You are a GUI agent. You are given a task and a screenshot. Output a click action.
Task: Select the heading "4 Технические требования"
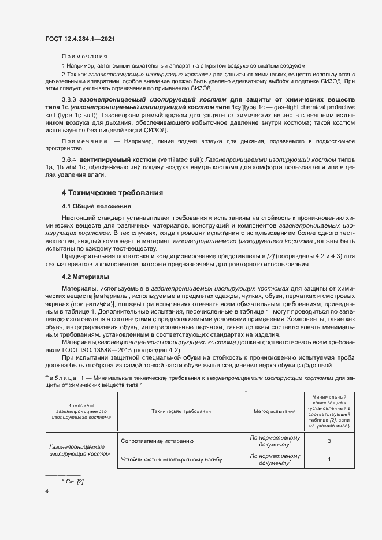pyautogui.click(x=112, y=192)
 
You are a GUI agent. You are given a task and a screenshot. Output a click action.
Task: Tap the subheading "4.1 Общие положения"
pyautogui.click(x=96, y=206)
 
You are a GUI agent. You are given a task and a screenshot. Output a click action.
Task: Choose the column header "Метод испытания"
pyautogui.click(x=275, y=411)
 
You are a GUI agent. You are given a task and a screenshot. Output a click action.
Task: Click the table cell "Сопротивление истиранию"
pyautogui.click(x=157, y=441)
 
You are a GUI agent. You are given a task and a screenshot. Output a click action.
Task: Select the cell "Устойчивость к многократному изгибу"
pyautogui.click(x=172, y=460)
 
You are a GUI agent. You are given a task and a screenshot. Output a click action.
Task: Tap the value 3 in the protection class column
pyautogui.click(x=329, y=441)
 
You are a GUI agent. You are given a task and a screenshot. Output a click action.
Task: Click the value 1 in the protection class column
pyautogui.click(x=329, y=460)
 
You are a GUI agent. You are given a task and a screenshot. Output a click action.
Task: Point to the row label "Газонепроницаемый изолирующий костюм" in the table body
pyautogui.click(x=80, y=450)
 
